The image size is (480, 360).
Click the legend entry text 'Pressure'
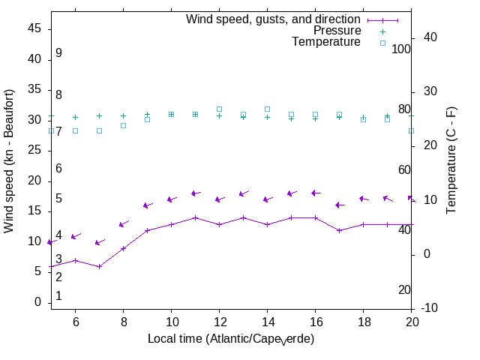[337, 31]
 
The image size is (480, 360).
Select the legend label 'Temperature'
[326, 42]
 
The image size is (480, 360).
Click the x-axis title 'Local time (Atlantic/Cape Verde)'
[230, 339]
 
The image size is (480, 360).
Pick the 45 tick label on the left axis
[34, 28]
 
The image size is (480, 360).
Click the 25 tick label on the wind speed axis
[34, 150]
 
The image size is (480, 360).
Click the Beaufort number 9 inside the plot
[58, 53]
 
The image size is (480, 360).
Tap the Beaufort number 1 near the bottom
[58, 296]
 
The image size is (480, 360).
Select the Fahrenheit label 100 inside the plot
[401, 49]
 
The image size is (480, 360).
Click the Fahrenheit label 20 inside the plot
[404, 290]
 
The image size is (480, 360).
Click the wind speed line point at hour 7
[99, 266]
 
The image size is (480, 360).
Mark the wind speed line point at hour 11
[195, 217]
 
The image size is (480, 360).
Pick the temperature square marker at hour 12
[219, 109]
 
